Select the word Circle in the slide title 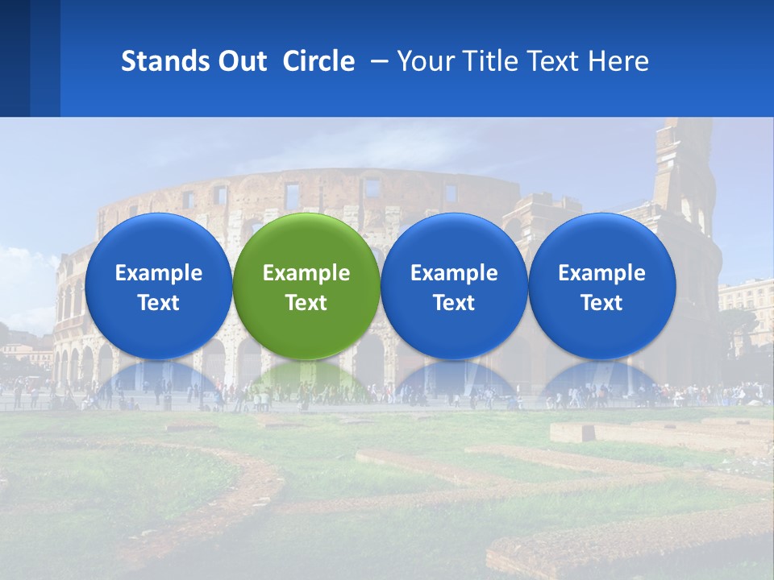(x=318, y=61)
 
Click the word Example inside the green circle (x=306, y=273)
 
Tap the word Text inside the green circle (x=306, y=303)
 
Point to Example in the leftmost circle (x=158, y=273)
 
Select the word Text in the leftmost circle (x=158, y=303)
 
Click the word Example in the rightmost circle (x=601, y=273)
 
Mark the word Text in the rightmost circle (x=601, y=303)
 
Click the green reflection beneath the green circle (x=306, y=380)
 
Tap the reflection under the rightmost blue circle (x=601, y=380)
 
